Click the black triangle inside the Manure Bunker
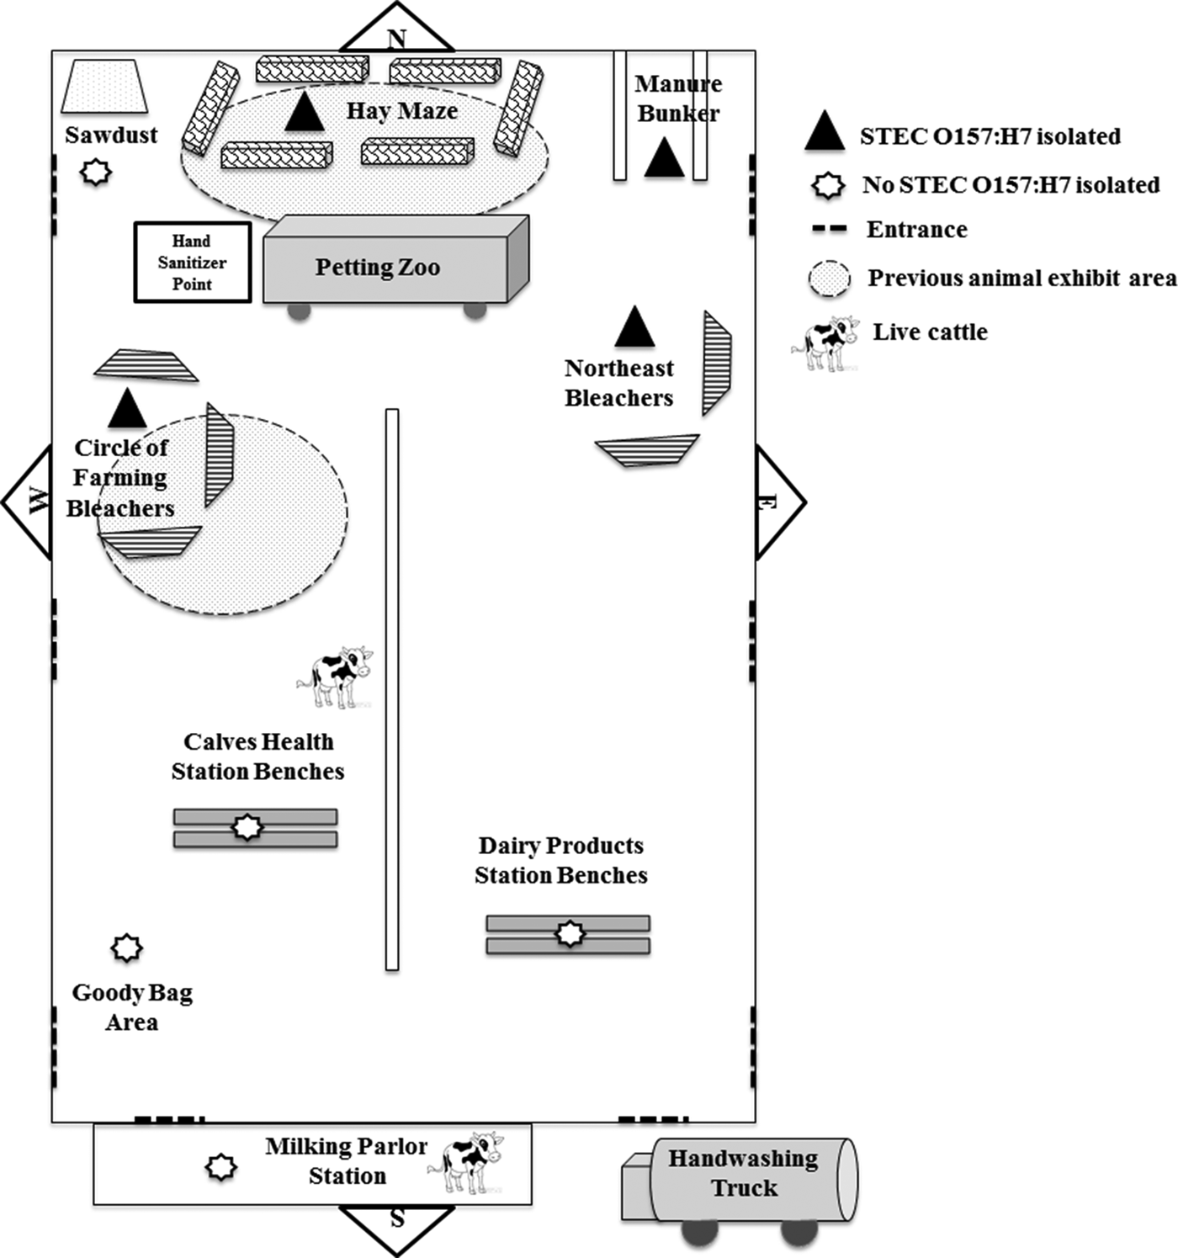pyautogui.click(x=665, y=159)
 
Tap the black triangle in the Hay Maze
pyautogui.click(x=304, y=113)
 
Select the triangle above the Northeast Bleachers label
pyautogui.click(x=634, y=328)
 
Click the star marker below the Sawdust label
pyautogui.click(x=96, y=173)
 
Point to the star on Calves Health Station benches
pyautogui.click(x=247, y=827)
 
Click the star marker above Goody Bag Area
pyautogui.click(x=127, y=948)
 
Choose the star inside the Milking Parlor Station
pyautogui.click(x=221, y=1167)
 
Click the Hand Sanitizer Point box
pyautogui.click(x=193, y=263)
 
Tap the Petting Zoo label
pyautogui.click(x=378, y=268)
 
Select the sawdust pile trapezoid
pyautogui.click(x=105, y=87)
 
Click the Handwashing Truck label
pyautogui.click(x=744, y=1173)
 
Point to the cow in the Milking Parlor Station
pyautogui.click(x=468, y=1163)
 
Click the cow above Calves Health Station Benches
pyautogui.click(x=335, y=677)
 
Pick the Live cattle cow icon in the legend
pyautogui.click(x=826, y=342)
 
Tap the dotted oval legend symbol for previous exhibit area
pyautogui.click(x=830, y=279)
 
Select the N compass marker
pyautogui.click(x=396, y=37)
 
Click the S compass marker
pyautogui.click(x=397, y=1218)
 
